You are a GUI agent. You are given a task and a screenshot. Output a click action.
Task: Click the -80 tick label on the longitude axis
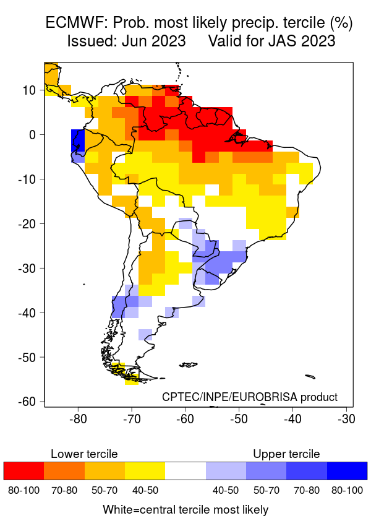[78, 419]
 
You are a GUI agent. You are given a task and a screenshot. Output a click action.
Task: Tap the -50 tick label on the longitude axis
[239, 419]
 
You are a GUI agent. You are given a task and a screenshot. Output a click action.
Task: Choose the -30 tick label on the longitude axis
[346, 419]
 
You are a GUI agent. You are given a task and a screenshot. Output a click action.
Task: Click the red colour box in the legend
[23, 471]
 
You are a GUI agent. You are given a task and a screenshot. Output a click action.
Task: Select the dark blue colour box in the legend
[347, 471]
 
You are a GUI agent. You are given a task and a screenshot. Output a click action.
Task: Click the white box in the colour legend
[185, 471]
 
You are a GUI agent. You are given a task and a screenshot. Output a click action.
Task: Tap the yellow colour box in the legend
[145, 471]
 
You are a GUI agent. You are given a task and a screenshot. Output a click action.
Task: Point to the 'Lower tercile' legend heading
[84, 454]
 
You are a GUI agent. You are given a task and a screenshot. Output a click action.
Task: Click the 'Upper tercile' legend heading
[286, 454]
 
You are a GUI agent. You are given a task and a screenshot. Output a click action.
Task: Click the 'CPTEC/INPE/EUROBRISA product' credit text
[250, 397]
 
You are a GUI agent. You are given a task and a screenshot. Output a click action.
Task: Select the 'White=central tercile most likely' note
[185, 510]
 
